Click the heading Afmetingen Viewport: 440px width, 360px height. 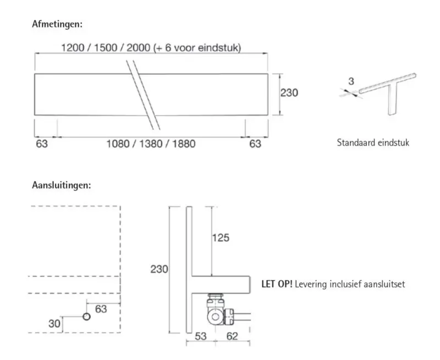(x=57, y=24)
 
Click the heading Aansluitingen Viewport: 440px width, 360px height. (x=62, y=185)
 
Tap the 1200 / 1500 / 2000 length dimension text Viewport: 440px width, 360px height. (x=151, y=48)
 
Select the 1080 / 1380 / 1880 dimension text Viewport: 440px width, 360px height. (x=151, y=144)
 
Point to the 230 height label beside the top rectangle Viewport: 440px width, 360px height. (x=289, y=93)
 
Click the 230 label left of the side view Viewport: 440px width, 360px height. (x=159, y=269)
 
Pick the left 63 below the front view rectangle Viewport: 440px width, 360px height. (x=41, y=144)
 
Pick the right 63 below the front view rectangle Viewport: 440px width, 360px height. (x=255, y=144)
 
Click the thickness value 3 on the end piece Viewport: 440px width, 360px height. (x=351, y=81)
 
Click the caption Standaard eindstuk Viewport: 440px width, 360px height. (x=373, y=143)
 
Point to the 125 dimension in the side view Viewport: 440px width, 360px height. (x=221, y=238)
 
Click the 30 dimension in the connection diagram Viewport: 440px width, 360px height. (x=54, y=324)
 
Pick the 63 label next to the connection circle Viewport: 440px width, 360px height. (x=101, y=309)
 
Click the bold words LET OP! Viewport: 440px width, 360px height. (x=277, y=284)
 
